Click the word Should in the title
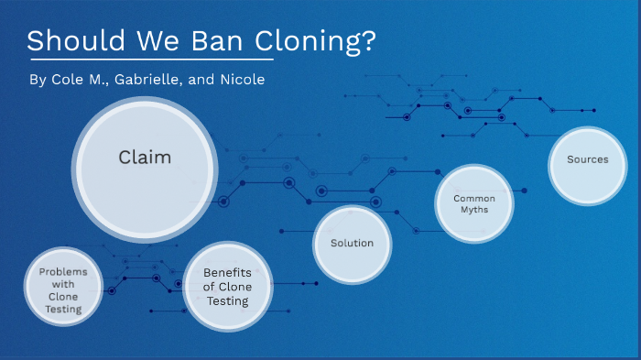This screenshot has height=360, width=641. [x=70, y=42]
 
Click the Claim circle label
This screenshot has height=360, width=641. [x=145, y=158]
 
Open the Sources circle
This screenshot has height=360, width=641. [x=587, y=159]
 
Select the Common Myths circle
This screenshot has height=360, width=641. [x=473, y=203]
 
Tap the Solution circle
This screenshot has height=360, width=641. [x=353, y=243]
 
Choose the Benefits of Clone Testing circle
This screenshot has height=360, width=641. [x=228, y=287]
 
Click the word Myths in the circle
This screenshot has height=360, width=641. [x=473, y=210]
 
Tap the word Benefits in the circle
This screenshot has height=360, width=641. [x=228, y=273]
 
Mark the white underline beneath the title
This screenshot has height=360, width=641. [x=150, y=60]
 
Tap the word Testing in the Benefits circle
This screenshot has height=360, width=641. [x=228, y=300]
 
